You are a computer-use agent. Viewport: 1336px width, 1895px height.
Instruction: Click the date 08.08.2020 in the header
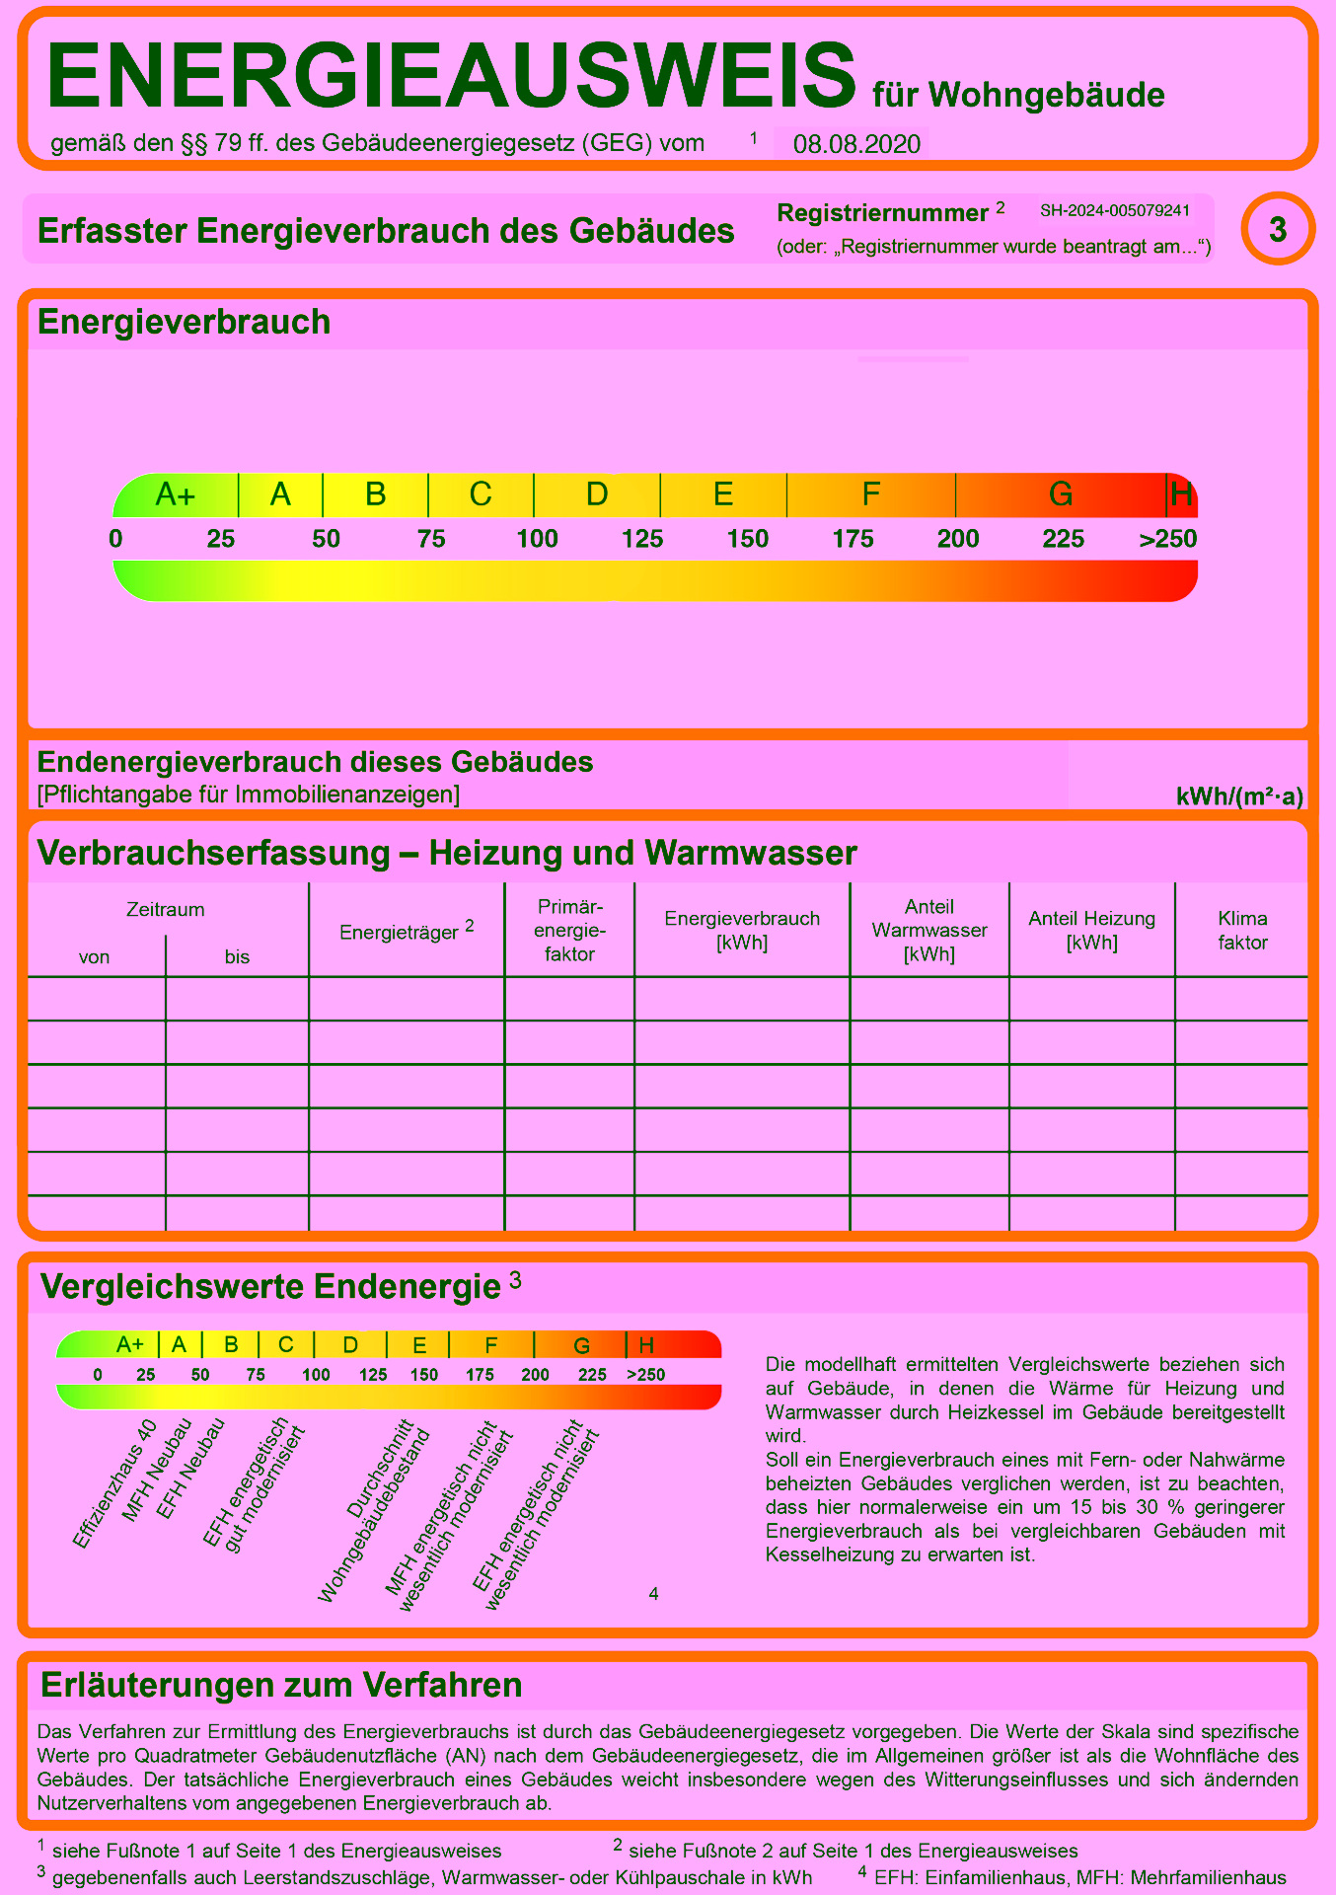tap(856, 144)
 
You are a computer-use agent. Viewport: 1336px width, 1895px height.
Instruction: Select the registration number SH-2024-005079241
tap(1115, 210)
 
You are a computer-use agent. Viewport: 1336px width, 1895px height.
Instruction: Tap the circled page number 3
tap(1278, 229)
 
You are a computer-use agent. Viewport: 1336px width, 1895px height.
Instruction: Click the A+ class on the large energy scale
tap(176, 493)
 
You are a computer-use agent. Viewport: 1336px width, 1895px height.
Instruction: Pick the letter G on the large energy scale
tap(1061, 493)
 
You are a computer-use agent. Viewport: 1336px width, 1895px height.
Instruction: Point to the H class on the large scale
tap(1181, 493)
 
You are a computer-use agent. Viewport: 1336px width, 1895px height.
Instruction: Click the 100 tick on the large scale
tap(537, 539)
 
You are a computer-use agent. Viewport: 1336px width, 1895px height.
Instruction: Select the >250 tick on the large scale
tap(1167, 539)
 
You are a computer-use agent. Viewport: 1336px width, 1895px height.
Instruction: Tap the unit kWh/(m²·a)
tap(1239, 796)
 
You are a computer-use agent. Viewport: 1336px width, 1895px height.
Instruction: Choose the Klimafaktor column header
tap(1242, 930)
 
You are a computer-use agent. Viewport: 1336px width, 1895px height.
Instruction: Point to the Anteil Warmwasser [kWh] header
tap(929, 930)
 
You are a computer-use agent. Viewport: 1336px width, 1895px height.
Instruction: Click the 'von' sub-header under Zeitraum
tap(95, 956)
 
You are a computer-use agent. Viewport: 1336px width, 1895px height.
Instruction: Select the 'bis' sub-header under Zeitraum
tap(237, 956)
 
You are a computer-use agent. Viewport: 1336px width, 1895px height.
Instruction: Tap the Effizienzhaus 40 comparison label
tap(114, 1483)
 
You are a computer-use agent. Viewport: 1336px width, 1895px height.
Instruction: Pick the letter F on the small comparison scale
tap(490, 1344)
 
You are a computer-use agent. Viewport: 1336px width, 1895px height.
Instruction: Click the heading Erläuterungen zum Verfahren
tap(281, 1685)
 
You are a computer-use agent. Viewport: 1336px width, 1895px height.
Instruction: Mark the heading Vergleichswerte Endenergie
tap(271, 1286)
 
